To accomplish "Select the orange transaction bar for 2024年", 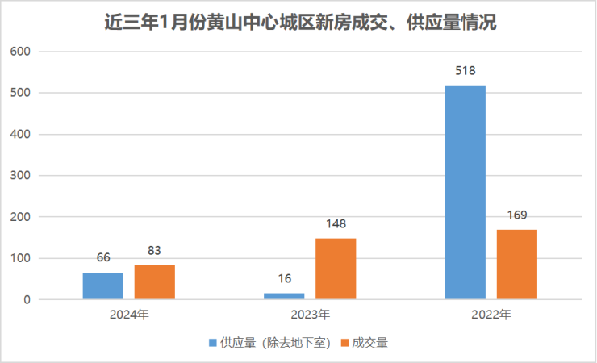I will (x=155, y=282).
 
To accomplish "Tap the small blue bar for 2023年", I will (x=284, y=296).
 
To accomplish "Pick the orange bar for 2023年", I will (x=336, y=269).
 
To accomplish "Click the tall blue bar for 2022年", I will (x=465, y=193).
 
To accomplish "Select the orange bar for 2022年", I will (x=517, y=265).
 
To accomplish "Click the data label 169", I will (x=517, y=215).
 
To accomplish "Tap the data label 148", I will (x=336, y=224).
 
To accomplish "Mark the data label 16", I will (x=284, y=279).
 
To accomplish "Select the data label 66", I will (x=102, y=258).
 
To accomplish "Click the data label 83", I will (x=155, y=251).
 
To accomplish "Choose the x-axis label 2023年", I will (x=310, y=315).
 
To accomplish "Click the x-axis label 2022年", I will (x=491, y=315).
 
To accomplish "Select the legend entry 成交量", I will (x=369, y=343).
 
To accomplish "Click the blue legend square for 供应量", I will (x=213, y=343).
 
